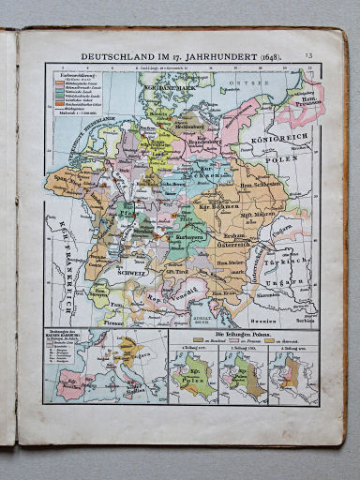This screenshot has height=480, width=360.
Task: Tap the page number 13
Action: point(307,56)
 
